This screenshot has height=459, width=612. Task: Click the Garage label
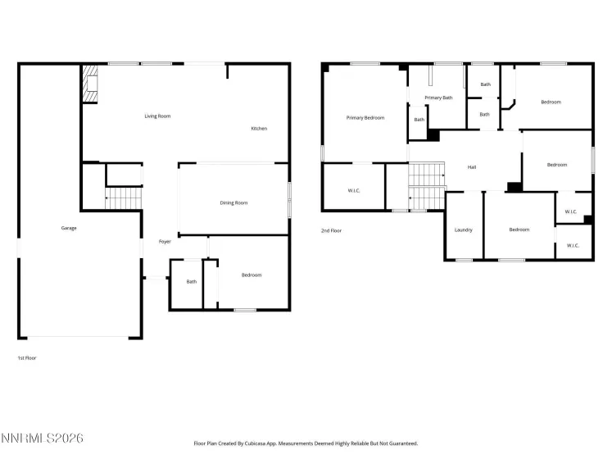pos(69,228)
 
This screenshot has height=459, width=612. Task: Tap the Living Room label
pos(157,116)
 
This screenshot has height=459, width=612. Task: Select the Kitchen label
pos(259,129)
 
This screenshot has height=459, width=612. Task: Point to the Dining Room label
pos(233,202)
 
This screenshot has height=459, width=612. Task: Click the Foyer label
pos(165,242)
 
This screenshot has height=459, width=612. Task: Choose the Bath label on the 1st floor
pos(192,282)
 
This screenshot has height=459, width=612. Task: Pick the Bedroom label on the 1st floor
pos(252,275)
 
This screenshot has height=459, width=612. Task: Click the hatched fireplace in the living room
pos(88,84)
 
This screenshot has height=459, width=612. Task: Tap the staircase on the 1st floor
pos(123,198)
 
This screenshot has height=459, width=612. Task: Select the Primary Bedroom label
pos(365,118)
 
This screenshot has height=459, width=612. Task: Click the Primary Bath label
pos(438,98)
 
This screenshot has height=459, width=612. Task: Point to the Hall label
pos(472,167)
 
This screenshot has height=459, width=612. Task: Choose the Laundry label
pos(464,229)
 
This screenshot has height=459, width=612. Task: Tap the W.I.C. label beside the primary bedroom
pos(354,190)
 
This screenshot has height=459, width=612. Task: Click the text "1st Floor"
pos(27,358)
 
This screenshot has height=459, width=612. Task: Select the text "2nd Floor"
pos(331,231)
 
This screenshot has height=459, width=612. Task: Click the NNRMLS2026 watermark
pos(42,439)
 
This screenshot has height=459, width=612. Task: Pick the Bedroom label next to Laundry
pos(519,229)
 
